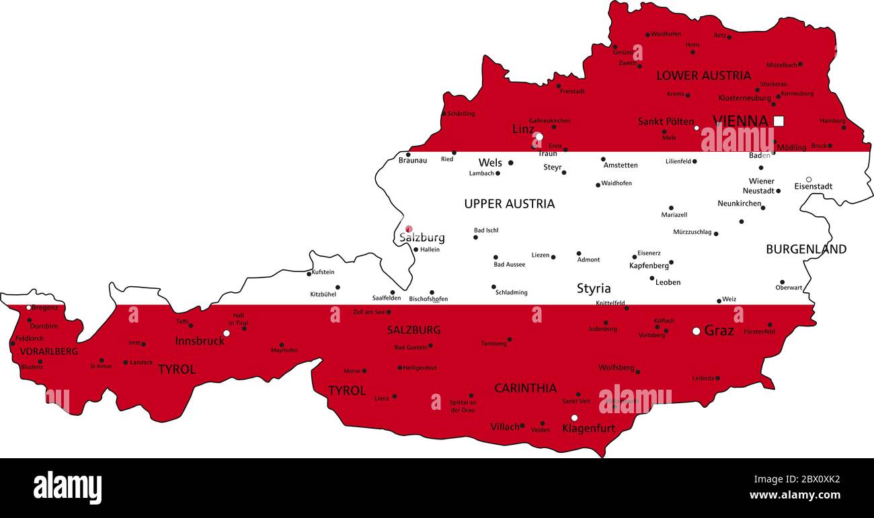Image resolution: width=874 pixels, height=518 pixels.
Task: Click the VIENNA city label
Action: point(740,121)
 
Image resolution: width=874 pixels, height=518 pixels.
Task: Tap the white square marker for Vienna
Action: point(779,121)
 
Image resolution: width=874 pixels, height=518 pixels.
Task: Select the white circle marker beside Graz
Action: point(697,331)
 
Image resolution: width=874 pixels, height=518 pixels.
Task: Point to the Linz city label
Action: point(523,129)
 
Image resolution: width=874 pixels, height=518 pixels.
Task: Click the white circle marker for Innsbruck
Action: point(227,333)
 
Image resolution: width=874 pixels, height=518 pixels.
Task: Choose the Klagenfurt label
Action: point(588,428)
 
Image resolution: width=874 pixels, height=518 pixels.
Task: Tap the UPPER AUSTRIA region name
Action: point(509,204)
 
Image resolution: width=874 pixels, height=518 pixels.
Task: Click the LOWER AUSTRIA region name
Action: point(703,75)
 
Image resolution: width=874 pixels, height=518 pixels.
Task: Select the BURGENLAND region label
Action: point(805,249)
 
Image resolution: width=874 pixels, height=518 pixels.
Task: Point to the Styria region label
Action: point(594,289)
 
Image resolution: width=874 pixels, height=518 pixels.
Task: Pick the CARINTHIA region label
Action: point(525,388)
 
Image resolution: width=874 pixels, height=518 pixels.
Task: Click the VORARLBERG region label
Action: point(48,351)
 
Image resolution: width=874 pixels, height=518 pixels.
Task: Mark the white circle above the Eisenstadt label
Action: point(809,179)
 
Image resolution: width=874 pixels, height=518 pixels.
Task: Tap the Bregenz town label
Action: point(45,308)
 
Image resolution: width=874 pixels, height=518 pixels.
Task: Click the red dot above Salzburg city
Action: point(409,228)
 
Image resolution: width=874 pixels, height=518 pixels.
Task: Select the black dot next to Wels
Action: point(510,163)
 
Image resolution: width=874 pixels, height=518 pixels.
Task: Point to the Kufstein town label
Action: point(323,272)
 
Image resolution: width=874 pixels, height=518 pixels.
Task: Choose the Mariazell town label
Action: point(674,215)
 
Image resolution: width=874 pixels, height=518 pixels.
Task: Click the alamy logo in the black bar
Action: point(67,487)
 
